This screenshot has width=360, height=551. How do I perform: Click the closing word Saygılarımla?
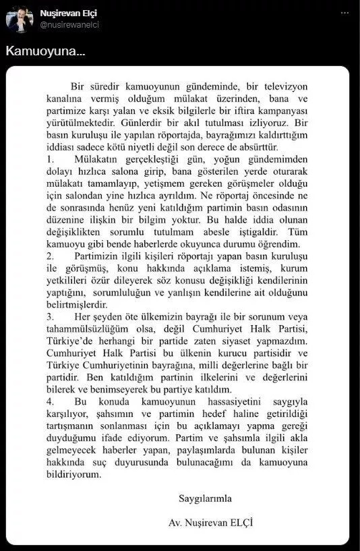click(204, 499)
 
